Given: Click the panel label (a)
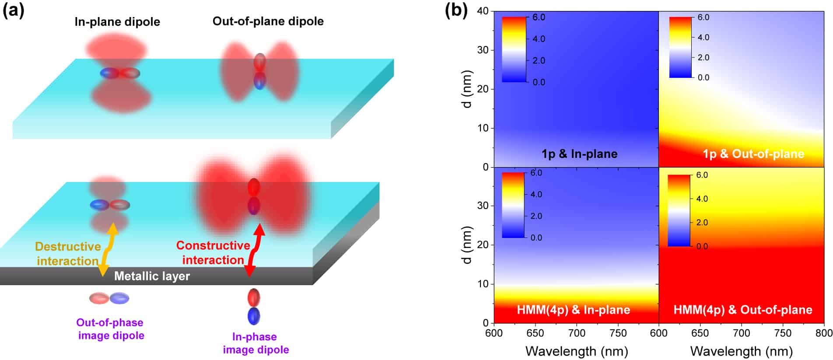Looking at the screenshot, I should [13, 10].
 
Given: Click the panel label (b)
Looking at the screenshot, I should [455, 10].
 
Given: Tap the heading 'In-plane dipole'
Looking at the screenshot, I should [117, 22].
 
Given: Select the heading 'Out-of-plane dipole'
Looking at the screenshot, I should [268, 21].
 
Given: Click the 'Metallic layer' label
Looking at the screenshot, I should [152, 276].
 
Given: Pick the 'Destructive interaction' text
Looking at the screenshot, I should [68, 254].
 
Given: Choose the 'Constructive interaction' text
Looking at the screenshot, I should [213, 253].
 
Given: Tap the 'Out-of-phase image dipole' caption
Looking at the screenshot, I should [110, 329].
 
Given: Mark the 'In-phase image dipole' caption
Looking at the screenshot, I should [255, 343].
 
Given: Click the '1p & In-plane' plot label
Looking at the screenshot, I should [579, 154].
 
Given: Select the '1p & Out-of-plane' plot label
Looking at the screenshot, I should [753, 154].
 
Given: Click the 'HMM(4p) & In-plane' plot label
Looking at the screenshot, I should [573, 310].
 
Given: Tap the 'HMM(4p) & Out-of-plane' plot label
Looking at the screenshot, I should [742, 310].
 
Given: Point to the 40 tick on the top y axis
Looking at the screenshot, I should [483, 11].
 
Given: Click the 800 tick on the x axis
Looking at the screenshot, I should [824, 333].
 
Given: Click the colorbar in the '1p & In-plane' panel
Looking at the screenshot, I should [514, 49].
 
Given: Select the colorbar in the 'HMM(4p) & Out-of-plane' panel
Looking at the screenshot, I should [679, 210].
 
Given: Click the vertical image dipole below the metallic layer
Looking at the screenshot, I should [254, 307].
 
